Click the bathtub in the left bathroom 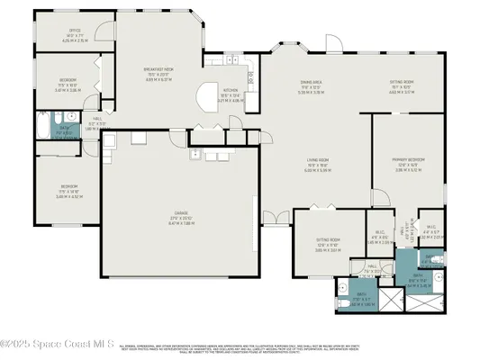[x=43, y=124]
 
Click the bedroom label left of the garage [x=68, y=193]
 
